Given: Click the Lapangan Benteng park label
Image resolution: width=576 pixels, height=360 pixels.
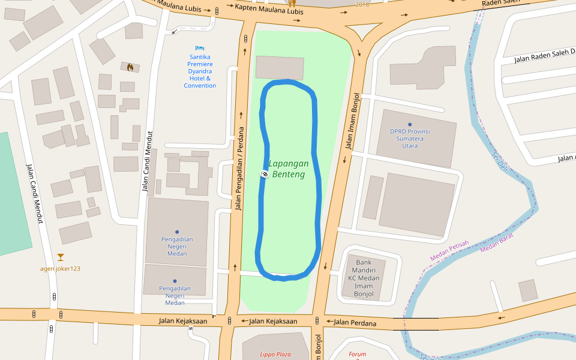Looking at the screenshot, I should click(289, 169).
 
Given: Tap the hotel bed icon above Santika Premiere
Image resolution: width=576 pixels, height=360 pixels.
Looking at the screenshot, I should click(200, 48).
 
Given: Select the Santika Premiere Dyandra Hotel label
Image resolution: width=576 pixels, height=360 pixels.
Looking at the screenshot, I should click(200, 71).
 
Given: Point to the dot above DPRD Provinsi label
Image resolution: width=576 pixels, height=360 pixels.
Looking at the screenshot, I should click(410, 124).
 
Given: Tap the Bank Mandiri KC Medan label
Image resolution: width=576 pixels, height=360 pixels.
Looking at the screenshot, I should click(364, 278).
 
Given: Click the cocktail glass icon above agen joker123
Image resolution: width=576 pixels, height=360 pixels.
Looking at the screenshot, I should click(60, 257).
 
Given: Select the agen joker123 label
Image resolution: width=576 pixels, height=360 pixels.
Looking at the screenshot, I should click(60, 269).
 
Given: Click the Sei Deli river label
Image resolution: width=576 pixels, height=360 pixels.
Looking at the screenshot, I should click(499, 160).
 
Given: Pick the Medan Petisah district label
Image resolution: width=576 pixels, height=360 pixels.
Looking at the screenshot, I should click(449, 251).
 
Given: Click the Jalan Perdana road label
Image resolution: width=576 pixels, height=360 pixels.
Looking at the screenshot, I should click(355, 323).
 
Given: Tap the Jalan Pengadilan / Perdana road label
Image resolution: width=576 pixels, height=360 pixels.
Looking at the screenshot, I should click(239, 169).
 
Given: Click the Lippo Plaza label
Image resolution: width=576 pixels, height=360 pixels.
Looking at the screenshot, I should click(275, 355).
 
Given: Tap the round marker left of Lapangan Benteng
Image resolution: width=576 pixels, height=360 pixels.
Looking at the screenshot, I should click(263, 173).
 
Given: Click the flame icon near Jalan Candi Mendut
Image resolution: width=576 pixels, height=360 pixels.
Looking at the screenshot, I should click(130, 67).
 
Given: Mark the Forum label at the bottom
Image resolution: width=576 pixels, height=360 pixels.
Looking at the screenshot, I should click(357, 355).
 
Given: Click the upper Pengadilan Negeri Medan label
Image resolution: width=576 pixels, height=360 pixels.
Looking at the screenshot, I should click(177, 246).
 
